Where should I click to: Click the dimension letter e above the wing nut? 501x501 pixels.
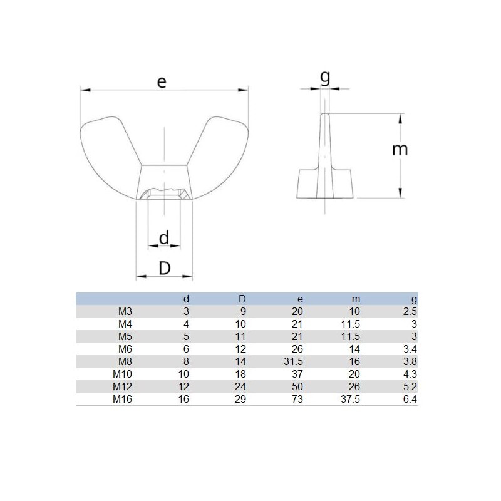coord(162,81)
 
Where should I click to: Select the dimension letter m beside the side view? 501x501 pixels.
coord(400,149)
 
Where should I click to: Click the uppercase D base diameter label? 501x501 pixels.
coord(164,268)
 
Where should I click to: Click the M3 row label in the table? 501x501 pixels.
coord(125,311)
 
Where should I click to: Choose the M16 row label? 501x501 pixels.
coord(122,399)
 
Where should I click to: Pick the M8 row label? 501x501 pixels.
coord(125,361)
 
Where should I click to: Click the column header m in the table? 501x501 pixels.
coord(357,299)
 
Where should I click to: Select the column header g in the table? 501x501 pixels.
coord(414,299)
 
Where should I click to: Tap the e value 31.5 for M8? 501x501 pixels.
coord(293,361)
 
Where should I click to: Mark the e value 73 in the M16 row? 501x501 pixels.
coord(297,399)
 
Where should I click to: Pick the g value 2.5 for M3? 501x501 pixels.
coord(410,311)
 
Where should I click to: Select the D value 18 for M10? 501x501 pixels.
coord(240,374)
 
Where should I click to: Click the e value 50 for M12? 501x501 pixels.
coord(297,386)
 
